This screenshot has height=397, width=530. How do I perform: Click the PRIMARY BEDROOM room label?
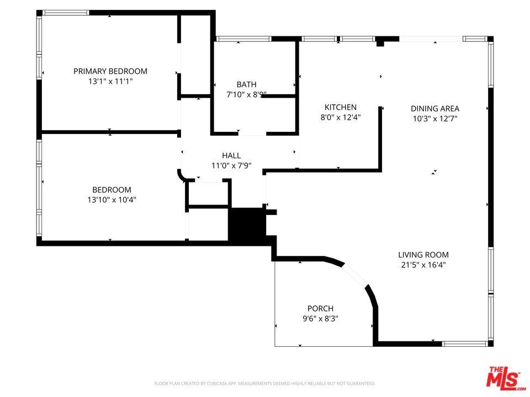tap(110, 71)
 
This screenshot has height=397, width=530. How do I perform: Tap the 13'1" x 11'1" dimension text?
tap(110, 82)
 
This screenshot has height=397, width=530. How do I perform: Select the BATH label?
tap(246, 84)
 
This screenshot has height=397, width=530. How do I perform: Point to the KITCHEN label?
tap(341, 108)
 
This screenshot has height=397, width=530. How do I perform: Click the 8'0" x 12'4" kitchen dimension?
tap(341, 117)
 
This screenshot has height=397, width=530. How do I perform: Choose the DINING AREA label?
tap(435, 109)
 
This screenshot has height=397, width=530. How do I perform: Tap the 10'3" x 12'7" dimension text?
tap(435, 119)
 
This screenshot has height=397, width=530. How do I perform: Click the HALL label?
tap(231, 155)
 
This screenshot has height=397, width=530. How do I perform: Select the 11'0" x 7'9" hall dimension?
tap(231, 166)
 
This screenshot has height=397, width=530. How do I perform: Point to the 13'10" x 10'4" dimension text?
tap(112, 200)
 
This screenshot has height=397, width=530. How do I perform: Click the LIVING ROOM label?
tap(423, 255)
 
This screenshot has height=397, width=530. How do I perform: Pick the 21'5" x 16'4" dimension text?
tap(423, 265)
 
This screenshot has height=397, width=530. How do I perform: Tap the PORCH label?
tap(320, 309)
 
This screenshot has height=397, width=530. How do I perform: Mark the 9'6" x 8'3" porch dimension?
tap(320, 319)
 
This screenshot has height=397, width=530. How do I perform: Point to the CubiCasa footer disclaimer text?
tap(264, 384)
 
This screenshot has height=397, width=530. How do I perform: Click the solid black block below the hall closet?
tap(247, 226)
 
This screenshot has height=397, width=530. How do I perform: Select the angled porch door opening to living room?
tap(355, 275)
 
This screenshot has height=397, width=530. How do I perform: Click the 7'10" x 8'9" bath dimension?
tap(246, 94)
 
